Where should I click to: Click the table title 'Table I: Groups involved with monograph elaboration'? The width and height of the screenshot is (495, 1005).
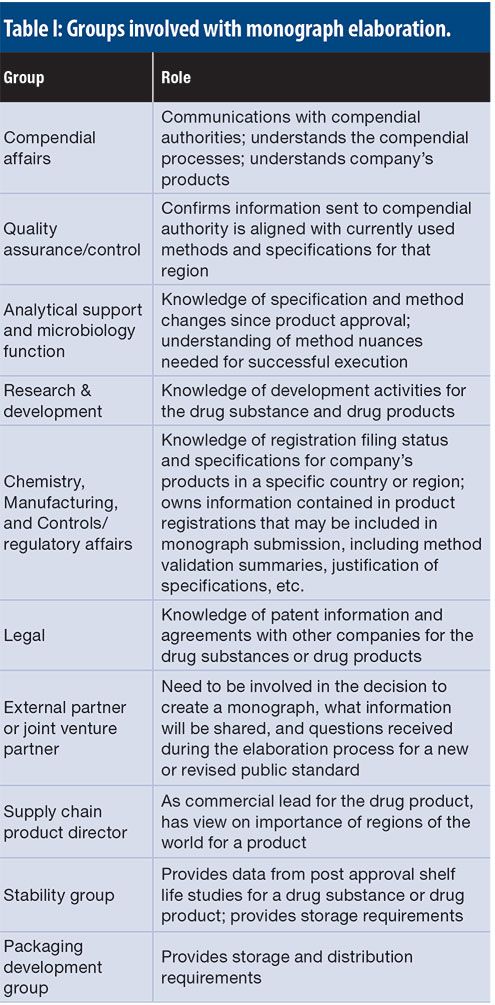click(229, 27)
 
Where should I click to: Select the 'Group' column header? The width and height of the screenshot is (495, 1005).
click(24, 77)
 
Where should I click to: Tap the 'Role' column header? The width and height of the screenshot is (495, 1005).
click(176, 77)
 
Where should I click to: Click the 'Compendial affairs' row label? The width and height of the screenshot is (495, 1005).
click(49, 147)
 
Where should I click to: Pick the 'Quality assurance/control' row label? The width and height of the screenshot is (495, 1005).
click(71, 238)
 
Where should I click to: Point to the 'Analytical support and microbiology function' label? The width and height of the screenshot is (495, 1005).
click(72, 330)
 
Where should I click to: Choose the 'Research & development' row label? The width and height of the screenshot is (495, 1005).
click(52, 401)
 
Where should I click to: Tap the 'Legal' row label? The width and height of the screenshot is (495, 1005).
click(24, 635)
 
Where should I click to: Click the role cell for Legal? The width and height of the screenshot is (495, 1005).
click(317, 635)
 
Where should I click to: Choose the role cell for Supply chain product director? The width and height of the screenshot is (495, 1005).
click(316, 821)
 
